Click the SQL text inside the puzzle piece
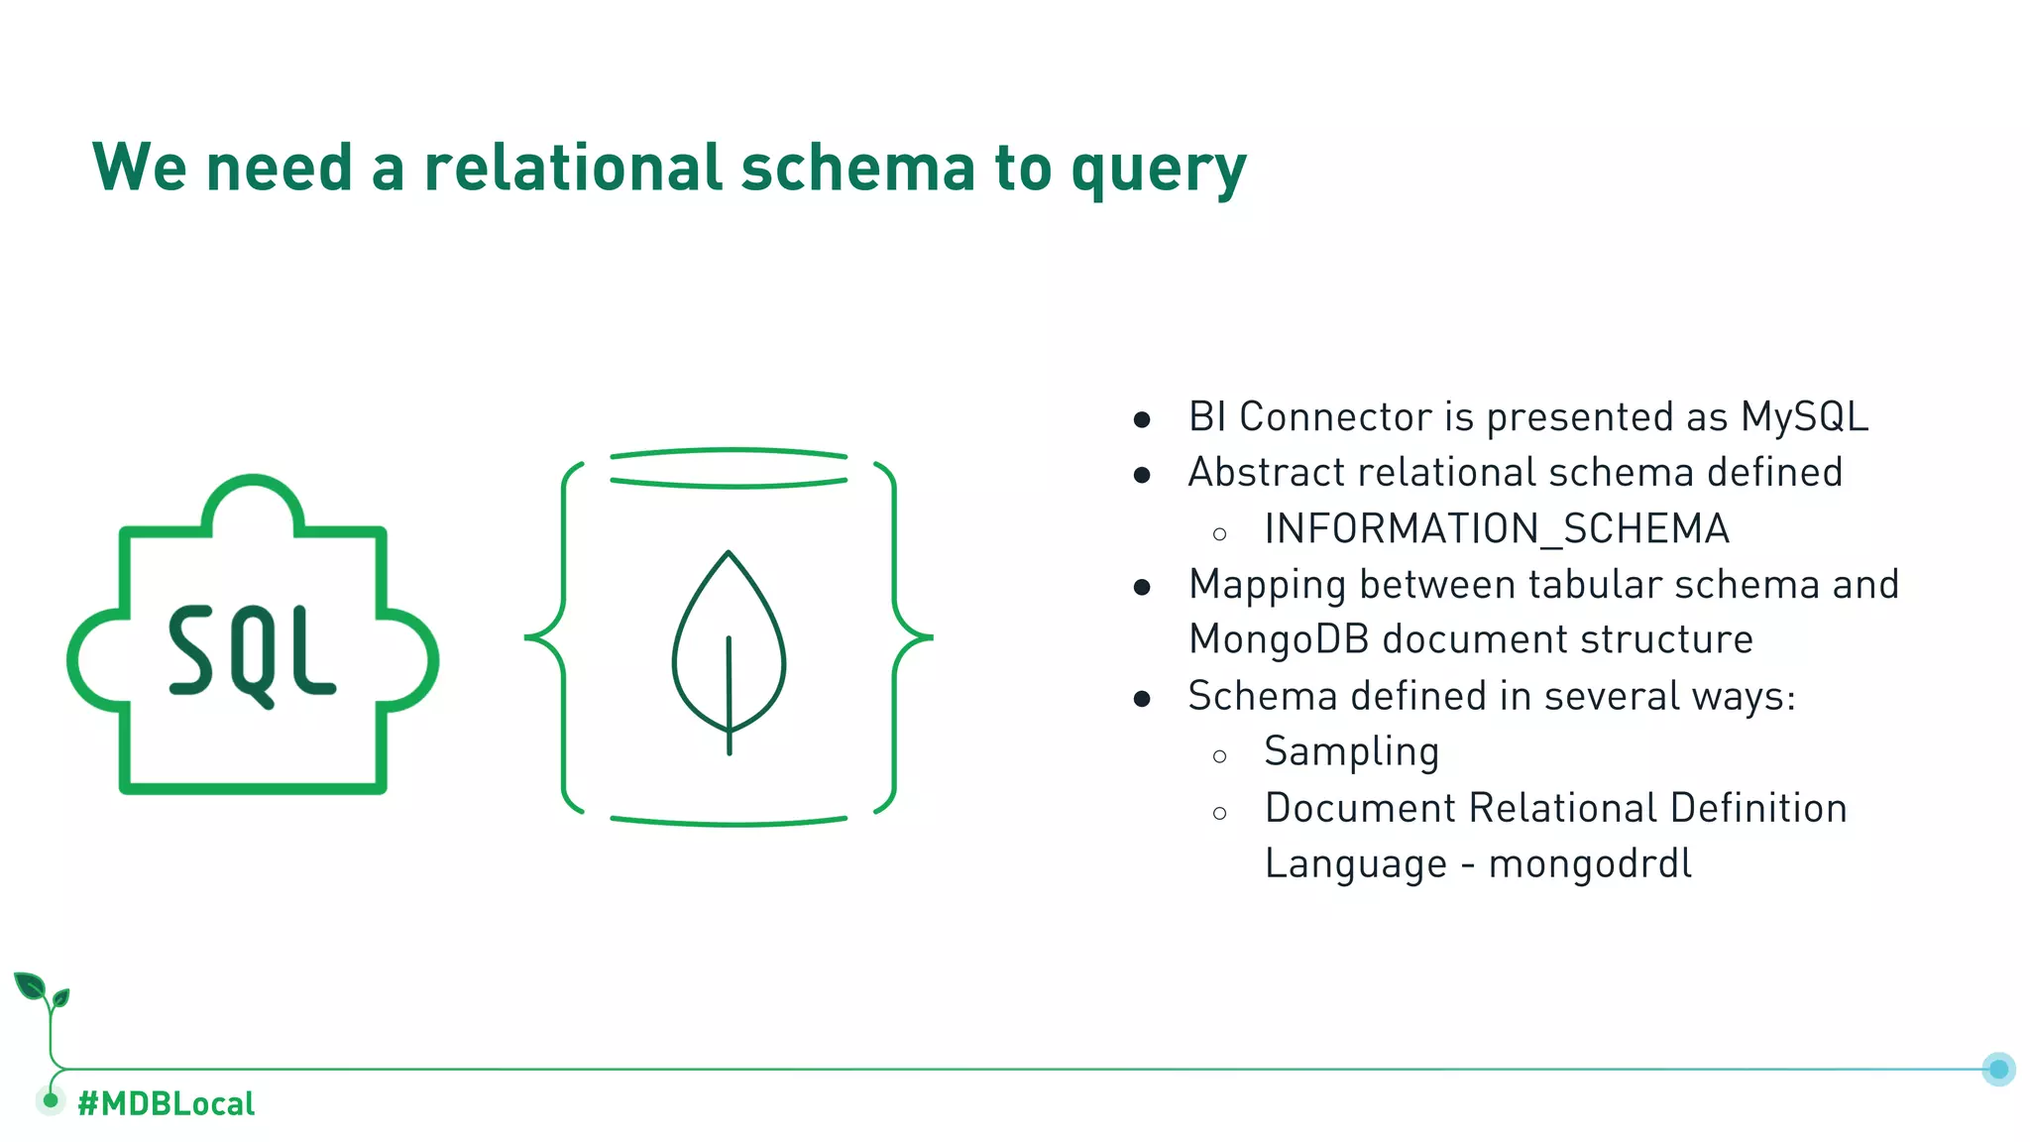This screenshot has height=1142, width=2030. (252, 652)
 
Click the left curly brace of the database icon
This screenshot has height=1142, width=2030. (555, 637)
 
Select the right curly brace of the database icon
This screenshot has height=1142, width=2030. (903, 637)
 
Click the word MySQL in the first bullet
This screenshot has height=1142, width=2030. (1804, 417)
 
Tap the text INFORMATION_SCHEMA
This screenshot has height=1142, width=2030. (1497, 528)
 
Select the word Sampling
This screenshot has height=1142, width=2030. (1351, 752)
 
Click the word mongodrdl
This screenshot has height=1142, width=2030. (1590, 863)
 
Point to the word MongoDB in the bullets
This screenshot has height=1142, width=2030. (1279, 639)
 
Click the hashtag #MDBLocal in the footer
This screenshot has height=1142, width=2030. (167, 1103)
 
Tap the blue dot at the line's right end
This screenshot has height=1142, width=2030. (1998, 1069)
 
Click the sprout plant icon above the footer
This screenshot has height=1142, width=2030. (42, 991)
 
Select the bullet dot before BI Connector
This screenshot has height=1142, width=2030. (1142, 420)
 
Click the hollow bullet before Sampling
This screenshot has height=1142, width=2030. (1219, 756)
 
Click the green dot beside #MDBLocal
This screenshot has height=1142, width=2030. (50, 1099)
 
